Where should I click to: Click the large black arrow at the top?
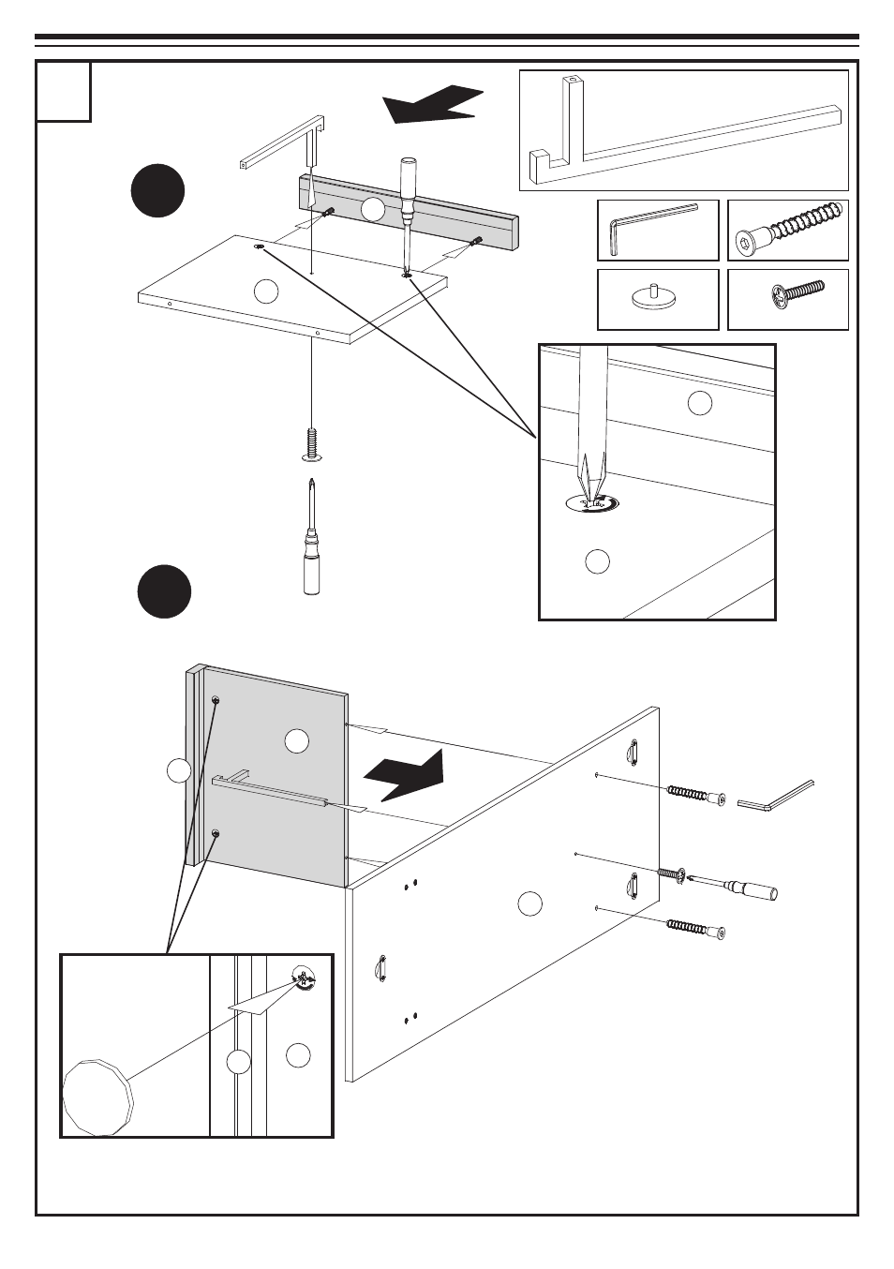coord(433,103)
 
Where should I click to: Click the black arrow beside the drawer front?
coord(405,774)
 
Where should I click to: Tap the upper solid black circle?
coord(157,190)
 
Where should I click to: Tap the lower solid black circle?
coord(164,591)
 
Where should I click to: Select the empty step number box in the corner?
coord(64,91)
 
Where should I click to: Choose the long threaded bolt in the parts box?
coord(788,231)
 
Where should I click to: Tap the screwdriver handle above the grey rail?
coord(409,178)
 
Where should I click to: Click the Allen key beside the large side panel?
coord(775,796)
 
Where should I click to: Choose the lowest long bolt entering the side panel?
coord(696,928)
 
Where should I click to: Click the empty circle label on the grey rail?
coord(373,209)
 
